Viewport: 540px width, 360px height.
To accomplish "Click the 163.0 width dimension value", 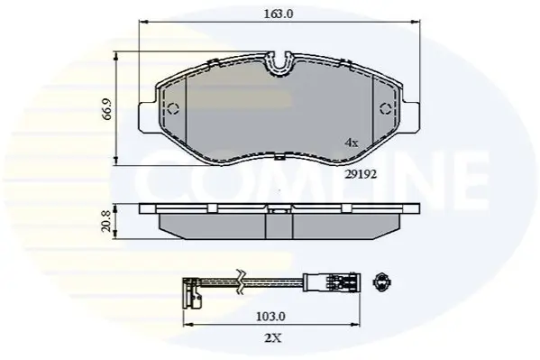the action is click(279, 14).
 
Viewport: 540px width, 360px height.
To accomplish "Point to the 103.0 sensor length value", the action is click(270, 316).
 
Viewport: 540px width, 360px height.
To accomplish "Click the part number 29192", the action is click(361, 174).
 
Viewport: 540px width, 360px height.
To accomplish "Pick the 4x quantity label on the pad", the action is click(352, 143).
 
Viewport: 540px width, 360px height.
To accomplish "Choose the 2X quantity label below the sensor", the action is click(273, 338).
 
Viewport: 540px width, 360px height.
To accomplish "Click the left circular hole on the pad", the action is click(173, 108).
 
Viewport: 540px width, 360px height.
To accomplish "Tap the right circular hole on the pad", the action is click(386, 108).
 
